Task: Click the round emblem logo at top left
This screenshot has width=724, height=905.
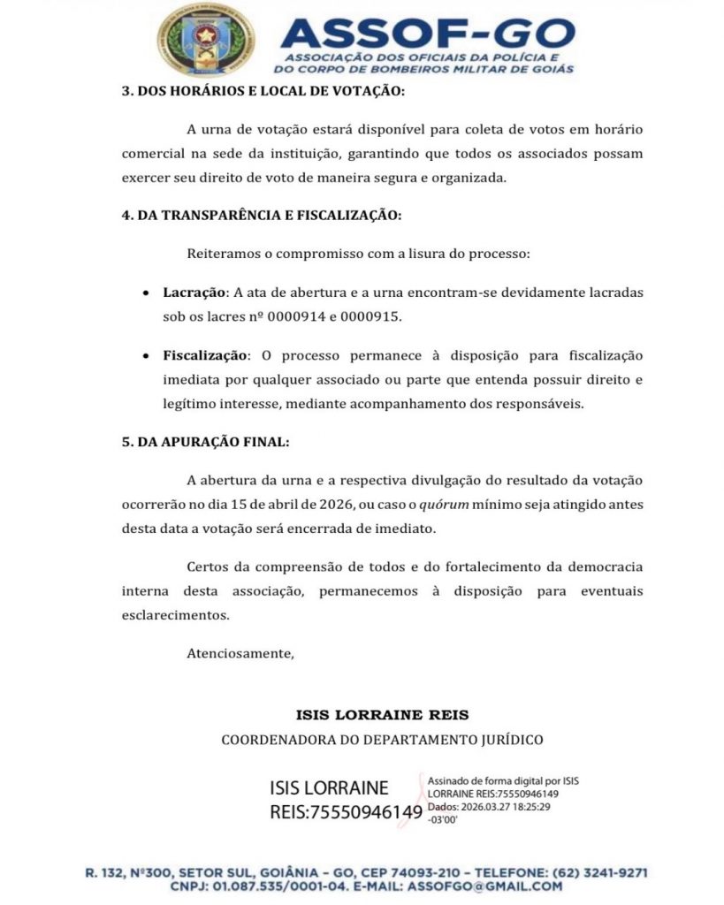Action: pos(206,40)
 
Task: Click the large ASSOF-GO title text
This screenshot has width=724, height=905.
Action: pos(427,34)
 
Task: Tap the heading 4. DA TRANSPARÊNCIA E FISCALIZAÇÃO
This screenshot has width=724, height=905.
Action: pos(261,215)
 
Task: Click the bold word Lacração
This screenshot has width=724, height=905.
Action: pos(195,292)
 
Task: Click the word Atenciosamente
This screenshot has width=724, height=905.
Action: pos(240,654)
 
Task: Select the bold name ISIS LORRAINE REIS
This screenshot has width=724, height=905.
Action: pos(383,714)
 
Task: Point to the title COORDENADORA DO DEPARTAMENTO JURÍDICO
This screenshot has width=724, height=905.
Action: pos(382,739)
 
